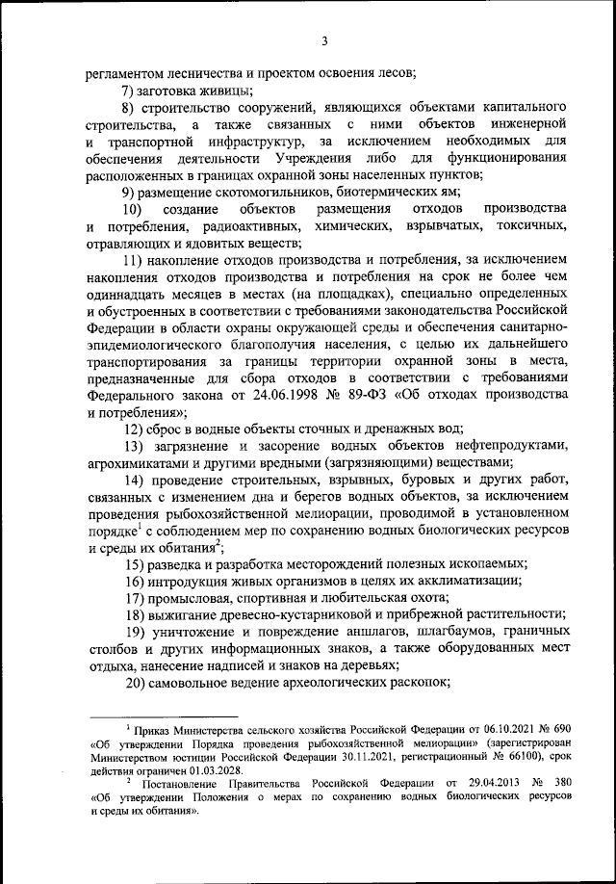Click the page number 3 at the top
pyautogui.click(x=324, y=40)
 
